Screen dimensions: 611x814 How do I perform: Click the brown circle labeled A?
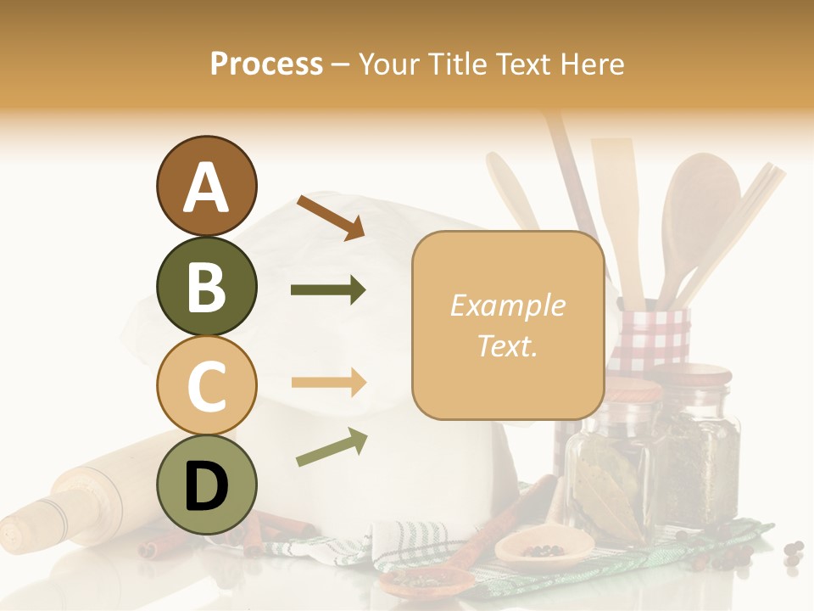click(x=206, y=186)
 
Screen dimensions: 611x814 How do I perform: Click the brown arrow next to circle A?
click(x=331, y=217)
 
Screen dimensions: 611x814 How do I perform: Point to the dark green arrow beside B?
click(x=328, y=290)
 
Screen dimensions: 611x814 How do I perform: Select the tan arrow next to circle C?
click(x=328, y=383)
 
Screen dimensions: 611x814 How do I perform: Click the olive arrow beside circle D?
click(x=332, y=447)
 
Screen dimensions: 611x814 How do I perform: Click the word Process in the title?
click(x=266, y=64)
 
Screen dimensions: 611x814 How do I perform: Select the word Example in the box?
click(x=507, y=305)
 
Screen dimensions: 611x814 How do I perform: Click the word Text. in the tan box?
click(x=507, y=345)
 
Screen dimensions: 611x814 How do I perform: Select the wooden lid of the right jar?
click(x=700, y=373)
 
